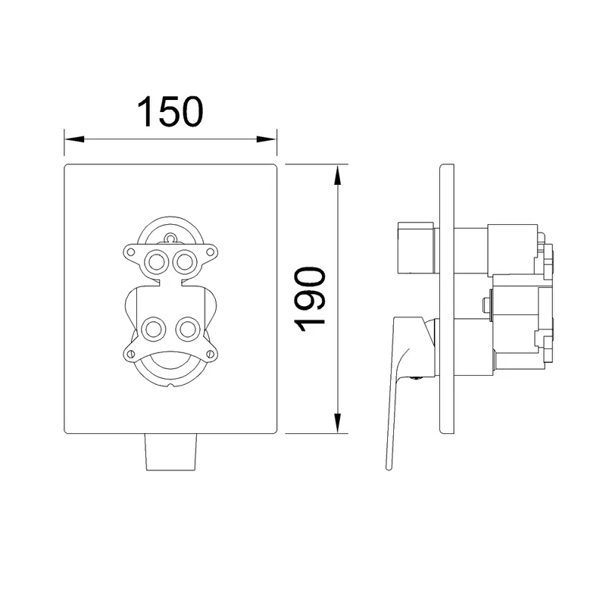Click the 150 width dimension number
170,111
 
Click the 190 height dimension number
310,299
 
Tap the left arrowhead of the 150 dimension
74,139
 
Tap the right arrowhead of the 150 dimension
267,139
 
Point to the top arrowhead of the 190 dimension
338,175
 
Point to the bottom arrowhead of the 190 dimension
338,423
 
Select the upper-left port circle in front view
156,262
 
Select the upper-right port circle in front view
184,262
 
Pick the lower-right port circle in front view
187,330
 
